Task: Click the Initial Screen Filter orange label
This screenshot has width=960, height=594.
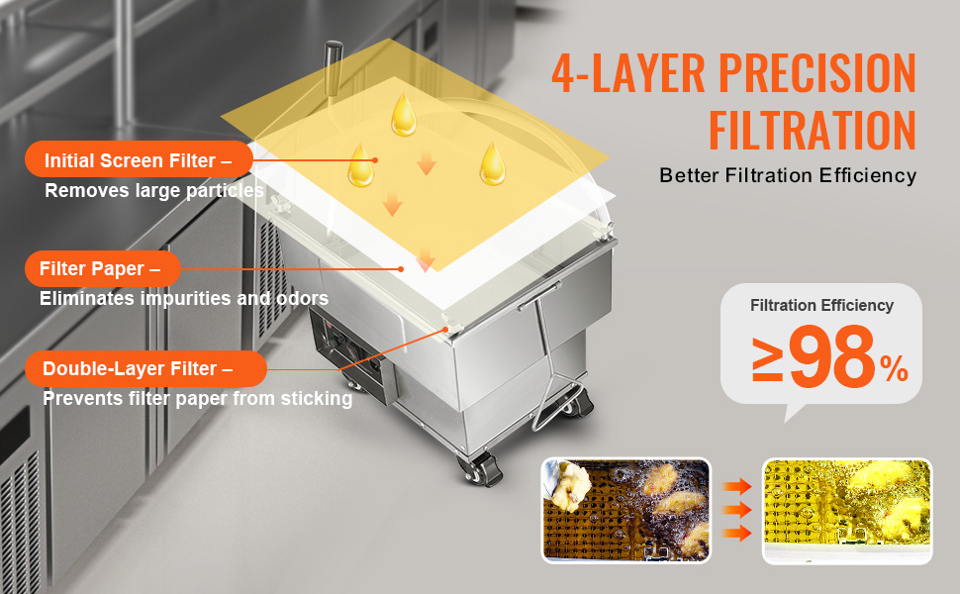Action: pos(138,160)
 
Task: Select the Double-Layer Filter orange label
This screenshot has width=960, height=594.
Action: pos(140,368)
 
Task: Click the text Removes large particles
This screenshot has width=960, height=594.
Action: pos(153,191)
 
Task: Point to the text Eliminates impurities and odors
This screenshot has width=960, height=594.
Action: pos(184,298)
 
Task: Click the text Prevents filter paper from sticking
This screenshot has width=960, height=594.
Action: pos(197,399)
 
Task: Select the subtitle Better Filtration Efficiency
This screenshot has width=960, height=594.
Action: pos(788,176)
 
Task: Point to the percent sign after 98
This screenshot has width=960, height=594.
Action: pos(894,370)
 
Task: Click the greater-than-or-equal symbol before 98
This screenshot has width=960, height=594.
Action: pos(769,362)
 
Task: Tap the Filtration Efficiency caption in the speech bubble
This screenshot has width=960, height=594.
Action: pos(821,306)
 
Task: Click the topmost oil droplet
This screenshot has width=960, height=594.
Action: pos(404,115)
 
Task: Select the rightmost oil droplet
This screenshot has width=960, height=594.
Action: pos(492,163)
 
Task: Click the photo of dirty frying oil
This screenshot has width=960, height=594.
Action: pos(625,510)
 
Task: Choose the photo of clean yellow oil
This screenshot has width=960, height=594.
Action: pos(847,510)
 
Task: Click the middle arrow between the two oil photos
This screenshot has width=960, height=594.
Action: pos(736,511)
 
